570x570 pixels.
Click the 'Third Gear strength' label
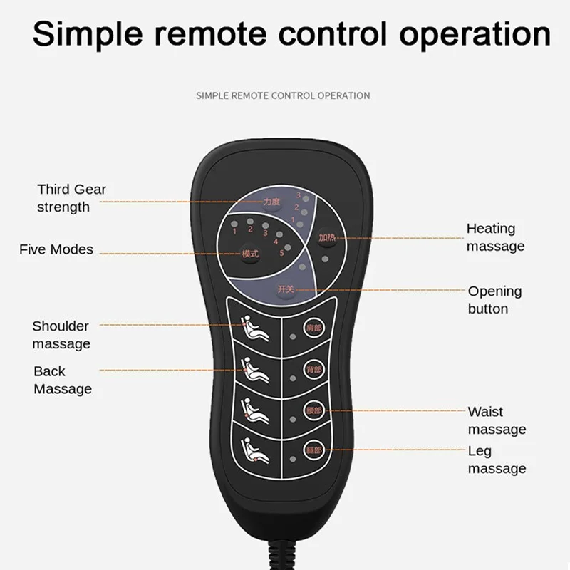(x=71, y=198)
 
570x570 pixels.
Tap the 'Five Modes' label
(x=56, y=249)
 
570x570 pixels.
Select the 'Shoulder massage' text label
(x=61, y=335)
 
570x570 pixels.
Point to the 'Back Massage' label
(x=63, y=380)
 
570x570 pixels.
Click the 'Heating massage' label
(x=495, y=237)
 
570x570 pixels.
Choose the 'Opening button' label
(x=494, y=300)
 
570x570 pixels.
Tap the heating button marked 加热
(x=326, y=238)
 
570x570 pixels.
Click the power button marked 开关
(x=286, y=289)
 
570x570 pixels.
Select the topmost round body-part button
(x=313, y=328)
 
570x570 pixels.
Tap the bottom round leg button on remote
(x=313, y=450)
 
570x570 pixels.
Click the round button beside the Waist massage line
(x=313, y=410)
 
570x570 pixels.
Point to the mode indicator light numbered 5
(x=288, y=247)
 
